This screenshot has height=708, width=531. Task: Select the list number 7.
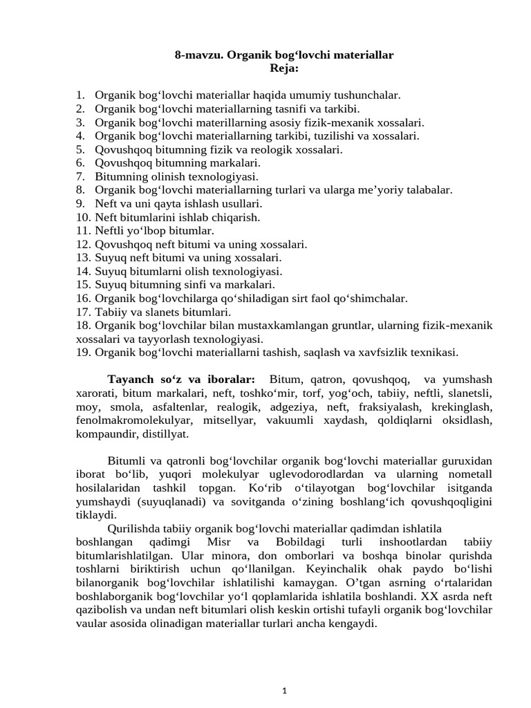coord(80,176)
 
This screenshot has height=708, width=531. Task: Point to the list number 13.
coord(83,257)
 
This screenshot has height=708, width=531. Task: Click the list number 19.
coord(83,352)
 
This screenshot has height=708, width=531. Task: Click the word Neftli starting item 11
coord(111,230)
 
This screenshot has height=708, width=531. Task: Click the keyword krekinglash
coord(465,406)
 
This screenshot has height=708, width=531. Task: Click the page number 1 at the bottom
coord(284,690)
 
